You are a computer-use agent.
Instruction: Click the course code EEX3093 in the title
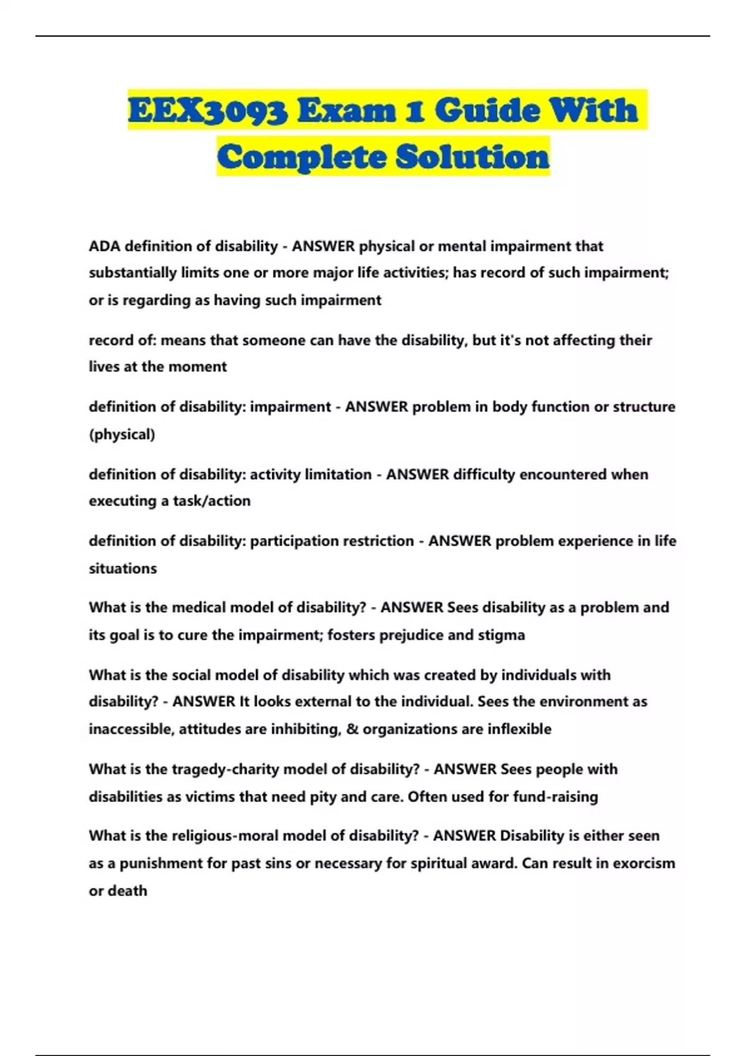pos(208,111)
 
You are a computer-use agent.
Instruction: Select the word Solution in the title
pos(472,157)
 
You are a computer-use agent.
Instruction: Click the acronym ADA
pos(104,246)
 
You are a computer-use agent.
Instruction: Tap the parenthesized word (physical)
pos(122,434)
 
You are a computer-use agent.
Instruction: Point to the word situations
pos(122,568)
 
